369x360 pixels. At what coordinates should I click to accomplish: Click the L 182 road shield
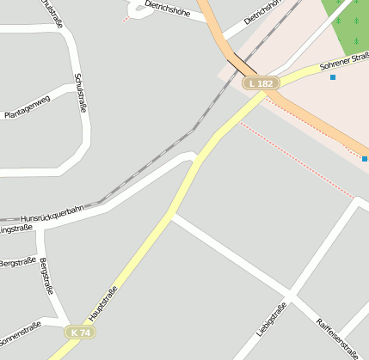[x=261, y=83]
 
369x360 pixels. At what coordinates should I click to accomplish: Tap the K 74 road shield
[x=81, y=332]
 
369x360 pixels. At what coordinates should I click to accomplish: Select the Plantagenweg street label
[x=28, y=107]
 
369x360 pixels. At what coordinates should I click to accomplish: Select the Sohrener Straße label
[x=342, y=61]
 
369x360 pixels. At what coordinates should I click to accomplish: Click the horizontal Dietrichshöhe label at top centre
[x=167, y=9]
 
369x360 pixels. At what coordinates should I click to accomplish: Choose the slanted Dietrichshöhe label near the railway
[x=262, y=13]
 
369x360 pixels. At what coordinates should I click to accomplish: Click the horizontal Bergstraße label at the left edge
[x=17, y=261]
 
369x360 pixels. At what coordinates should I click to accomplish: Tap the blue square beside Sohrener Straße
[x=333, y=77]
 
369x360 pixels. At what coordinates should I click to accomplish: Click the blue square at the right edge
[x=365, y=158]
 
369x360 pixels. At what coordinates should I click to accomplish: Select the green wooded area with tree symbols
[x=349, y=24]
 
